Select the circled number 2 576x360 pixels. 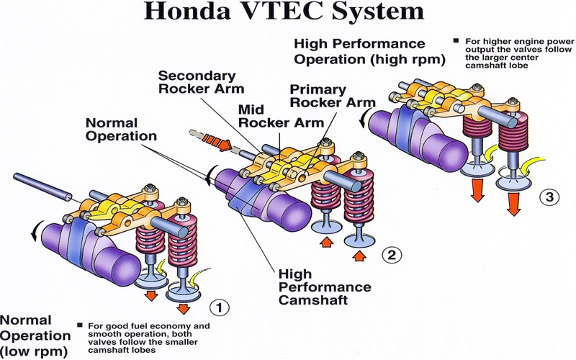point(389,253)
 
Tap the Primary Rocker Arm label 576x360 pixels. point(333,95)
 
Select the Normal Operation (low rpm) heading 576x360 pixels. point(35,336)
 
